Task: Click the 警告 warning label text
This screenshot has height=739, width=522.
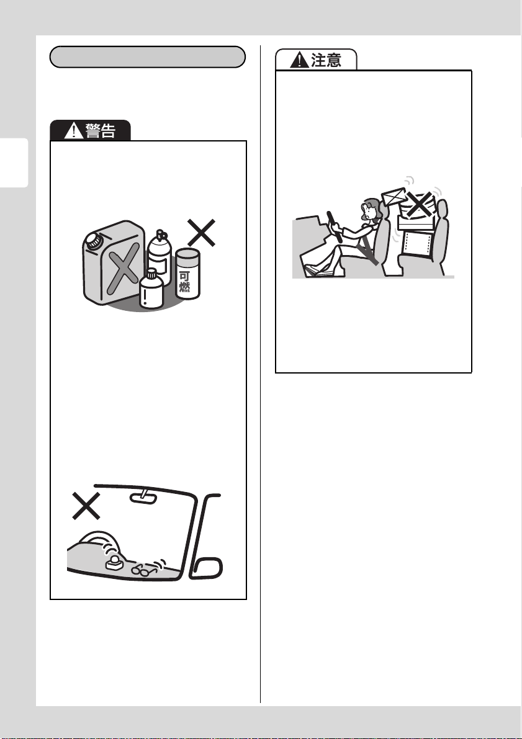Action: coord(100,130)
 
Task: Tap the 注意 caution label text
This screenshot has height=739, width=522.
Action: coord(326,60)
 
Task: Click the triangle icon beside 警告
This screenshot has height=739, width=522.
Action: coord(73,130)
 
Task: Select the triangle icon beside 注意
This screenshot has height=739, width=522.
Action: coord(299,60)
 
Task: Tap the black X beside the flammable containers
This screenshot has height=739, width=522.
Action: coord(202,232)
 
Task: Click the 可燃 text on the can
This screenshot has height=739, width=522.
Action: coord(184,281)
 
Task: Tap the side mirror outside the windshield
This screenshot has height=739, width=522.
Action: coord(207,567)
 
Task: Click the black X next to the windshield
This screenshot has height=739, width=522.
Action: coord(86,506)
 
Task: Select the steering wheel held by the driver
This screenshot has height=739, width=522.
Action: coord(335,226)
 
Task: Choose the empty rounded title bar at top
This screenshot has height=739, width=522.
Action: coord(148,57)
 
